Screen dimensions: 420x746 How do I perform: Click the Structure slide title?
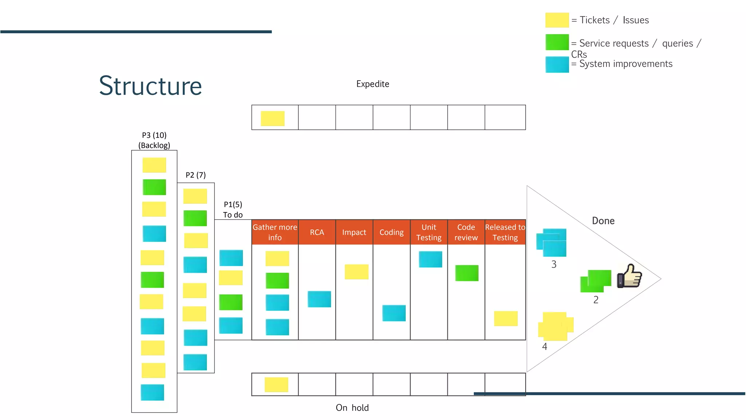coord(150,86)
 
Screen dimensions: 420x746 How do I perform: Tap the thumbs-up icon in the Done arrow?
coord(629,276)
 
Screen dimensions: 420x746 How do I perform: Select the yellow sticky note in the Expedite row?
coord(272,118)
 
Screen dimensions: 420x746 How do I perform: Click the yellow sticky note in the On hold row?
coord(276,385)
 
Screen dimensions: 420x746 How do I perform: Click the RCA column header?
coord(317,232)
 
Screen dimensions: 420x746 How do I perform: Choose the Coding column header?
coord(392,232)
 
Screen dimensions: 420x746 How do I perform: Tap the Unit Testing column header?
coord(429,232)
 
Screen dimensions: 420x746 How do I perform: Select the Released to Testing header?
coord(505,232)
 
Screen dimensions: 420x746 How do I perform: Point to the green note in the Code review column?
coord(467,273)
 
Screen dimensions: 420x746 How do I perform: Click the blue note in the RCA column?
coord(319,299)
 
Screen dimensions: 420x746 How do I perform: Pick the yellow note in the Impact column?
coord(357,272)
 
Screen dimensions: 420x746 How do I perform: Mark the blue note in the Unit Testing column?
coord(430,259)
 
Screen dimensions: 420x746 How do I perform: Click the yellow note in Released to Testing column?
coord(506,318)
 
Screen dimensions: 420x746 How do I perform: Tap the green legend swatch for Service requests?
coord(557,42)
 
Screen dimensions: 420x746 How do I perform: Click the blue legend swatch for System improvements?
coord(557,65)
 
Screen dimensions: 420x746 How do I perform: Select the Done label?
coord(603,221)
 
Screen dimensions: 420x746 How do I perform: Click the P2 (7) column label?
coord(196,175)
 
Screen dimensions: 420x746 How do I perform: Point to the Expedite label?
coord(373,84)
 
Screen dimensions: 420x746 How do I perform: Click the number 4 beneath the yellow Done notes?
coord(545,347)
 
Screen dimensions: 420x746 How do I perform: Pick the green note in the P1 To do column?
coord(231,302)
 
